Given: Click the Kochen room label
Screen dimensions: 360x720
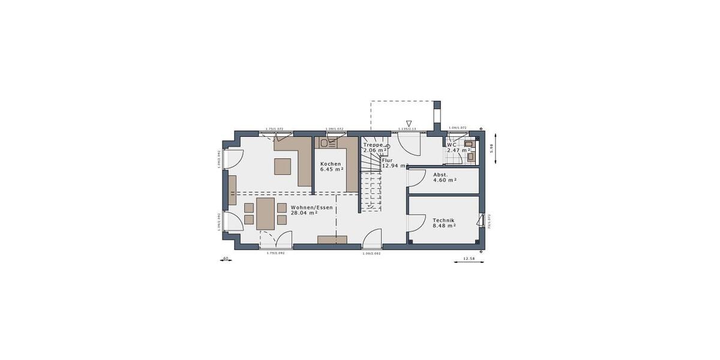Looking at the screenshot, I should pyautogui.click(x=331, y=164).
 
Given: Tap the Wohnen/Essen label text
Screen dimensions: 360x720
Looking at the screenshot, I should pyautogui.click(x=311, y=207).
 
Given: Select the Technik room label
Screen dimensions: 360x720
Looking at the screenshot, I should pyautogui.click(x=444, y=221).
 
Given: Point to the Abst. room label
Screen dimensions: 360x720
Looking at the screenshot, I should pyautogui.click(x=441, y=175).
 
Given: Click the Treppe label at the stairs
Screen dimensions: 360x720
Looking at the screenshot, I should pyautogui.click(x=373, y=145).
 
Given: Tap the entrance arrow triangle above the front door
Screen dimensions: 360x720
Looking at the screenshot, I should pyautogui.click(x=409, y=123).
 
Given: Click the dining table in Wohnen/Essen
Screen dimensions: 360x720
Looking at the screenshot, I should pyautogui.click(x=266, y=214).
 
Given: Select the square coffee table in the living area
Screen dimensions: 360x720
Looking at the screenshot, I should pyautogui.click(x=283, y=166).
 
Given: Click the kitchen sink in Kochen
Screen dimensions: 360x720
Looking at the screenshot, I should pyautogui.click(x=328, y=143).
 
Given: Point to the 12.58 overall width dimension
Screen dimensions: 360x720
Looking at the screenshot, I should pyautogui.click(x=469, y=259).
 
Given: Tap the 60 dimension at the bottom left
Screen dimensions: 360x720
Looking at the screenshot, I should pyautogui.click(x=226, y=259).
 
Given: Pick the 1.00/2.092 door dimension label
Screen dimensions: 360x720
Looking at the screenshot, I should pyautogui.click(x=371, y=253).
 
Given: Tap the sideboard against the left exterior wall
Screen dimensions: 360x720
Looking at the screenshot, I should pyautogui.click(x=232, y=191).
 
